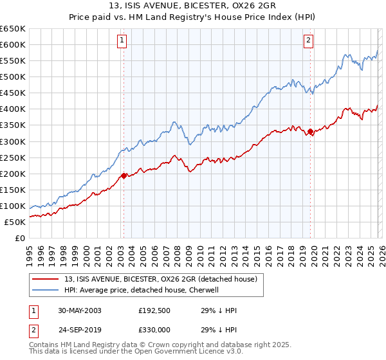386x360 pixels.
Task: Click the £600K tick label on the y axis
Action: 13,44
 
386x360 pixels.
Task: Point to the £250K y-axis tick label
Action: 13,157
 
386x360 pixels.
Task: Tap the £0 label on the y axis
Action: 19,238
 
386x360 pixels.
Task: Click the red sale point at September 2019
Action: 310,132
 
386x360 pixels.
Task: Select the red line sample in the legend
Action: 46,279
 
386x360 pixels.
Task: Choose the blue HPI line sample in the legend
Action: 46,290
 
